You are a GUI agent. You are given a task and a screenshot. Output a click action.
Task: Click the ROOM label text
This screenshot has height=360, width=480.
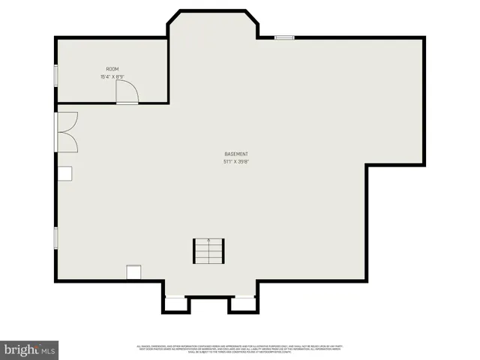pyautogui.click(x=112, y=69)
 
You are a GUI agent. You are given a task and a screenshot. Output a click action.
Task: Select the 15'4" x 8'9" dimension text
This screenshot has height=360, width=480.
pyautogui.click(x=112, y=76)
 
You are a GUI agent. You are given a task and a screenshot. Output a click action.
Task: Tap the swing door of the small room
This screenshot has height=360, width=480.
pyautogui.click(x=127, y=92)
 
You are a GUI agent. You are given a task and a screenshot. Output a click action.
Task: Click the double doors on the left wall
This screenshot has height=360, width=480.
pyautogui.click(x=66, y=132)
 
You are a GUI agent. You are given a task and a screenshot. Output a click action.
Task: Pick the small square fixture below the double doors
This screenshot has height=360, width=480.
pyautogui.click(x=65, y=173)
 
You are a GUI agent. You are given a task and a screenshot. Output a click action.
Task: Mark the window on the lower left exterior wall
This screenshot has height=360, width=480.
pyautogui.click(x=55, y=238)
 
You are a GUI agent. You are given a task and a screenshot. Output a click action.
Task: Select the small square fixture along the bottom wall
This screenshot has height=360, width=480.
pyautogui.click(x=134, y=272)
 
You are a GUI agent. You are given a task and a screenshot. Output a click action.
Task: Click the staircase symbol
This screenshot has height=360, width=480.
pyautogui.click(x=208, y=250)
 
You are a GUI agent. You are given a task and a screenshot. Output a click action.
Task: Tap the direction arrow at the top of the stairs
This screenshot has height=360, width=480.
pyautogui.click(x=208, y=239)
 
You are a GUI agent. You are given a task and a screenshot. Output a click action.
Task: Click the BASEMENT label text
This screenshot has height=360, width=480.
pyautogui.click(x=236, y=154)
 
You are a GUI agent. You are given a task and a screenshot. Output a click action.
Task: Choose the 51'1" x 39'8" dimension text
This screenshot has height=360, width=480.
pyautogui.click(x=236, y=161)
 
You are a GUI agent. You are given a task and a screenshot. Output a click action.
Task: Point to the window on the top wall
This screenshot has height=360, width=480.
pyautogui.click(x=284, y=37)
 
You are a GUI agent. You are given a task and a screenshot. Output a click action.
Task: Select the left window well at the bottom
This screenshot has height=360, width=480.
pyautogui.click(x=174, y=304)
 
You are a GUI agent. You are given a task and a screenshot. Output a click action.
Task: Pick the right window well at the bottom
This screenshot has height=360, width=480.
pyautogui.click(x=242, y=304)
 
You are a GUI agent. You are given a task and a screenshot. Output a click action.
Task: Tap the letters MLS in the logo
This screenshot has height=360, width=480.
pyautogui.click(x=49, y=350)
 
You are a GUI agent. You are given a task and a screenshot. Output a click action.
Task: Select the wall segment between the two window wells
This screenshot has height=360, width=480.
pyautogui.click(x=208, y=298)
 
